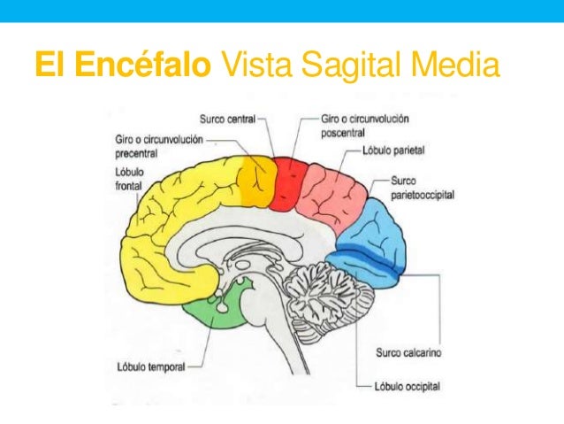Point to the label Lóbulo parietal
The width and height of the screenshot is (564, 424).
tap(393, 151)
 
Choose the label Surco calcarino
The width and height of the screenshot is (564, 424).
tap(408, 352)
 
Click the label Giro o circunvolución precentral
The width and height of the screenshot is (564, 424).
tap(159, 145)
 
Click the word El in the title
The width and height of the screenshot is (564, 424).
tap(50, 65)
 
